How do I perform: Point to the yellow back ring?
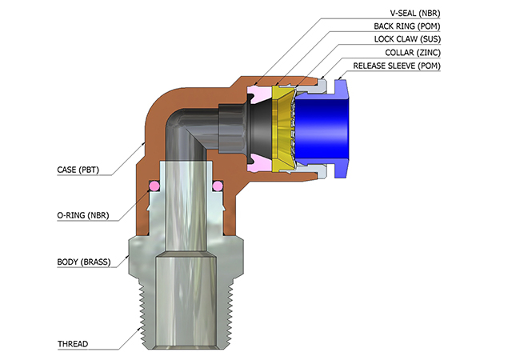pos(282,128)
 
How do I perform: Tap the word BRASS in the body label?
pos(98,262)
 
